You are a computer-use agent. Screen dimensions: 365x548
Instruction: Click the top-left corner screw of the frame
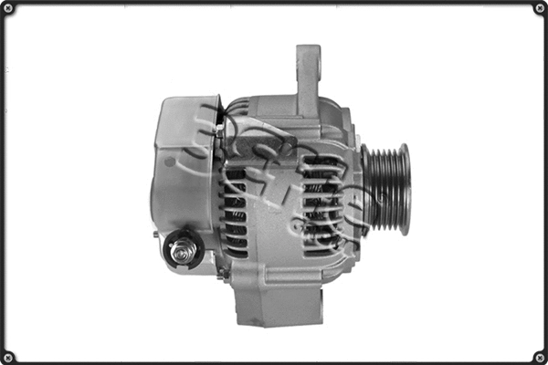tap(8, 8)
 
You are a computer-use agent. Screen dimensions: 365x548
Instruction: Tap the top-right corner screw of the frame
tap(539, 8)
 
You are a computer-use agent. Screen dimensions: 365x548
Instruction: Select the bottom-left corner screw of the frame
tap(8, 357)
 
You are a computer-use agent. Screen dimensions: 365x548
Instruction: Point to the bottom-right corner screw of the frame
tap(539, 357)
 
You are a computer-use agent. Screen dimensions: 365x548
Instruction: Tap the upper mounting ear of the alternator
tap(308, 68)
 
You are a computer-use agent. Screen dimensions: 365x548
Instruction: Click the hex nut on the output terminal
tap(182, 246)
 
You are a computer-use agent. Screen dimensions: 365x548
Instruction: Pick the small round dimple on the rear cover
tap(170, 161)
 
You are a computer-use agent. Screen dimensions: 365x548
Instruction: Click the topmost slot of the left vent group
tap(236, 172)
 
